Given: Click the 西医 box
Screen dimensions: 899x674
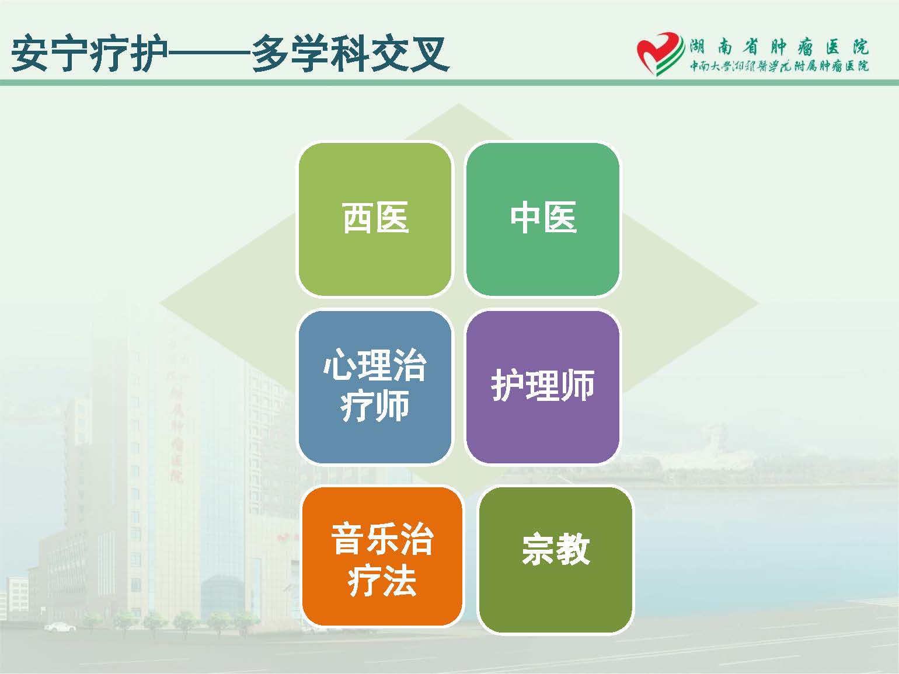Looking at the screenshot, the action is (375, 219).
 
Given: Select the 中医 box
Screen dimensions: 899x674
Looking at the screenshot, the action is (543, 219).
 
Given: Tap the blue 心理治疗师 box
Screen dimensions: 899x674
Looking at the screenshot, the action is (375, 387).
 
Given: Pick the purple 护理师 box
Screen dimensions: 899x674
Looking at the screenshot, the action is (543, 387).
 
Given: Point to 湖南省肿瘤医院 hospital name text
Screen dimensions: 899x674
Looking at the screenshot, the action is (779, 47).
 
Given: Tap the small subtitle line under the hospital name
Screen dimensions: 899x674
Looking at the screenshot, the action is (779, 67).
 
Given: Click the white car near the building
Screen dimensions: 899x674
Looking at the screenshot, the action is (60, 627).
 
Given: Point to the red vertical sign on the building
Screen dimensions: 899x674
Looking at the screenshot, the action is (177, 425).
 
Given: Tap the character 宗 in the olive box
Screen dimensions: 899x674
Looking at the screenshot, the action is (538, 549).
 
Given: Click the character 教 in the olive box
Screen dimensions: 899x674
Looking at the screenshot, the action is (573, 549).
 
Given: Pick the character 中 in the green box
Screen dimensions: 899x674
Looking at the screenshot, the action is (527, 218).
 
